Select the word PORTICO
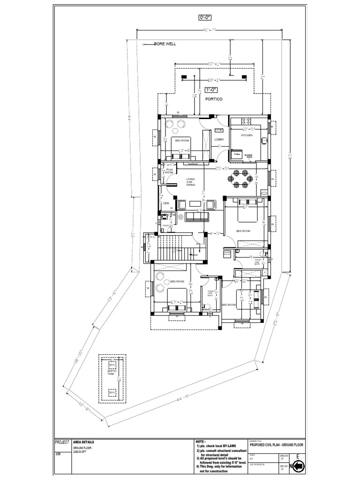click(x=213, y=99)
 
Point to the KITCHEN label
click(x=247, y=135)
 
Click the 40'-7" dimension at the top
click(x=209, y=31)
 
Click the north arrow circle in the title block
click(x=298, y=466)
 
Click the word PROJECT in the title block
click(x=62, y=442)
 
